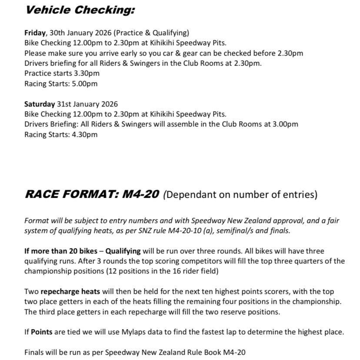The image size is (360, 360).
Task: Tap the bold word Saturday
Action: (x=40, y=104)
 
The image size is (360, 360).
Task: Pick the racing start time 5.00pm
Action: (x=85, y=84)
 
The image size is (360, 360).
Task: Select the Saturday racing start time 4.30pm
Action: (x=85, y=135)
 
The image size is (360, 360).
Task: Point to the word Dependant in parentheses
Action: (x=191, y=195)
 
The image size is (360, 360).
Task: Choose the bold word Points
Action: (x=41, y=332)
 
